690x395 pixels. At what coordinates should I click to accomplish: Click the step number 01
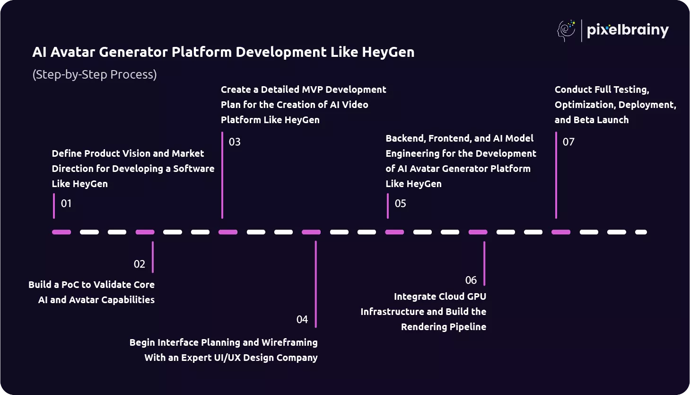tap(66, 204)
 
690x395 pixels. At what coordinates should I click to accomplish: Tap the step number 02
tap(140, 264)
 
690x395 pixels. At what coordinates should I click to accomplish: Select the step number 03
tap(235, 142)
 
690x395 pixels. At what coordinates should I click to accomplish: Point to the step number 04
tap(302, 320)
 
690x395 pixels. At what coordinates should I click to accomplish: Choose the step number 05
tap(400, 204)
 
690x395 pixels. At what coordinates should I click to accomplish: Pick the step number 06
tap(471, 280)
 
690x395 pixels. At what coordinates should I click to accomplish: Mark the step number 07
tap(568, 142)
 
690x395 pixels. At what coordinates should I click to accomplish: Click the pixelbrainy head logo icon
tap(566, 31)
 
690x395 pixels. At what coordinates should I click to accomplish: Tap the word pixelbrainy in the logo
tap(628, 31)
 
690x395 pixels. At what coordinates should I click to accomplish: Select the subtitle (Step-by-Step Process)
tap(95, 75)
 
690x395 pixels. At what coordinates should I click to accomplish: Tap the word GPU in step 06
tap(476, 296)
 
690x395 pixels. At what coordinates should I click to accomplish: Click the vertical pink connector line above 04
tap(316, 284)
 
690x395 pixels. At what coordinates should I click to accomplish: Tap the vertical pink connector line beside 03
tap(222, 175)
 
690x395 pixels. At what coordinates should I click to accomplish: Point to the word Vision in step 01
tap(136, 153)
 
